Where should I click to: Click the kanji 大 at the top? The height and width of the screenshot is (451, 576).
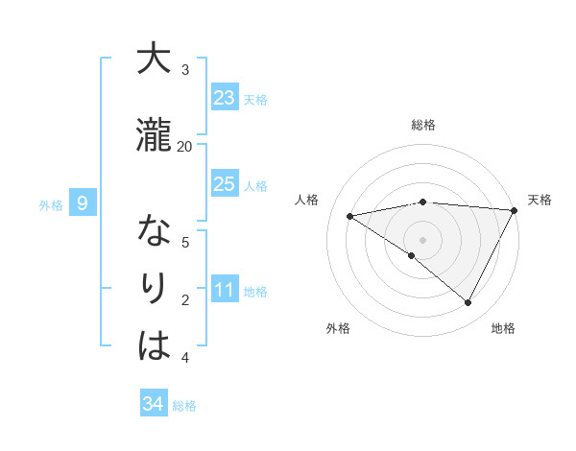(154, 59)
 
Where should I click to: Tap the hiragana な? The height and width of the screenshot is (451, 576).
(154, 231)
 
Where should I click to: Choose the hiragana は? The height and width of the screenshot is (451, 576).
(154, 346)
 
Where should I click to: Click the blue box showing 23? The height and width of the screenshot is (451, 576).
(225, 98)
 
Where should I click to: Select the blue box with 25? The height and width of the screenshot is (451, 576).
(225, 184)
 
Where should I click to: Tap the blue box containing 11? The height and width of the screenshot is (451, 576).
(225, 290)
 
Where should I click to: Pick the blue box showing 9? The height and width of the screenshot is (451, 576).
(83, 202)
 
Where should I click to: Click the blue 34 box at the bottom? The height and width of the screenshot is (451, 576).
(154, 404)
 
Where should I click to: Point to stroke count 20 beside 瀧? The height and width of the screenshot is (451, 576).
(184, 146)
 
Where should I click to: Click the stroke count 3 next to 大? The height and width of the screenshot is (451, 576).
(185, 70)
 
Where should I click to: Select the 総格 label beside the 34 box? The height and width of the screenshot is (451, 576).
(184, 406)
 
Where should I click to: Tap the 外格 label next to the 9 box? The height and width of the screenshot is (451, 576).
(51, 204)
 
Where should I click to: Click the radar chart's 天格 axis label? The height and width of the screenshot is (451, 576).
(540, 200)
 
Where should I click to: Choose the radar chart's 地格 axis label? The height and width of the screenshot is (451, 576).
(503, 328)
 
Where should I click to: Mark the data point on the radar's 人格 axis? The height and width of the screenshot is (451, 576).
(350, 216)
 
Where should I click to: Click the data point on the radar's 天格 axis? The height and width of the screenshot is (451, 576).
(515, 210)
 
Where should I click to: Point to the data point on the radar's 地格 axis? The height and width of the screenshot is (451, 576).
(468, 303)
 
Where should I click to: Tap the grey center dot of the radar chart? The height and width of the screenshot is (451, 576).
(422, 239)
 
